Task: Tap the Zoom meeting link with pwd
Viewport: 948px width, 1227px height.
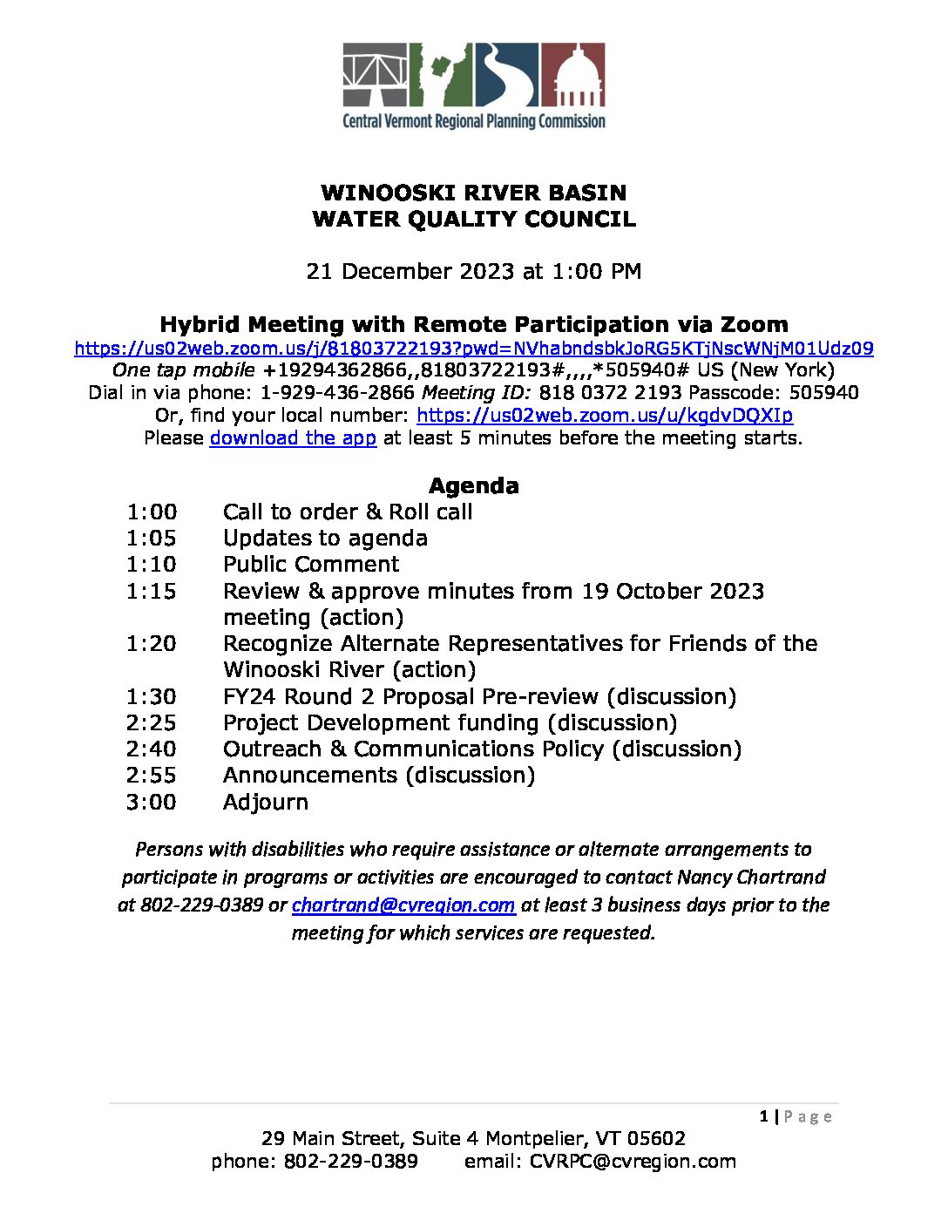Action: tap(474, 349)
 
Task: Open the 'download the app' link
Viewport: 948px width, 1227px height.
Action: tap(293, 437)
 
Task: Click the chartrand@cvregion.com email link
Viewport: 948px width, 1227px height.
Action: tap(403, 905)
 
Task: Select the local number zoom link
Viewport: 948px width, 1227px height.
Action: tap(605, 415)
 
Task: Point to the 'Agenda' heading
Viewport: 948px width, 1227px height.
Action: tap(473, 485)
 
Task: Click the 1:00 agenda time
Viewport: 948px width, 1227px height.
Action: tap(151, 512)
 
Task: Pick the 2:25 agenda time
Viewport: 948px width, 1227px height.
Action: tap(151, 722)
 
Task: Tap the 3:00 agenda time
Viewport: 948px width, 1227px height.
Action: tap(151, 802)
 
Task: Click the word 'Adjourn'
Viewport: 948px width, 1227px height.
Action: tap(265, 802)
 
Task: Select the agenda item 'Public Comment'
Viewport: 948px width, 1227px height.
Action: tap(311, 564)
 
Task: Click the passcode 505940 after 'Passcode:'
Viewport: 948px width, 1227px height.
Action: tap(823, 393)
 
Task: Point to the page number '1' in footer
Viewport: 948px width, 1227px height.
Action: tap(763, 1116)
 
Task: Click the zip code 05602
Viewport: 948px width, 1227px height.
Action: tap(656, 1138)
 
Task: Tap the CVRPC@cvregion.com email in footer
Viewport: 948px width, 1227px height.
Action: tap(633, 1161)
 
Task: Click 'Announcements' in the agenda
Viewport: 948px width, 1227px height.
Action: tap(309, 775)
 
